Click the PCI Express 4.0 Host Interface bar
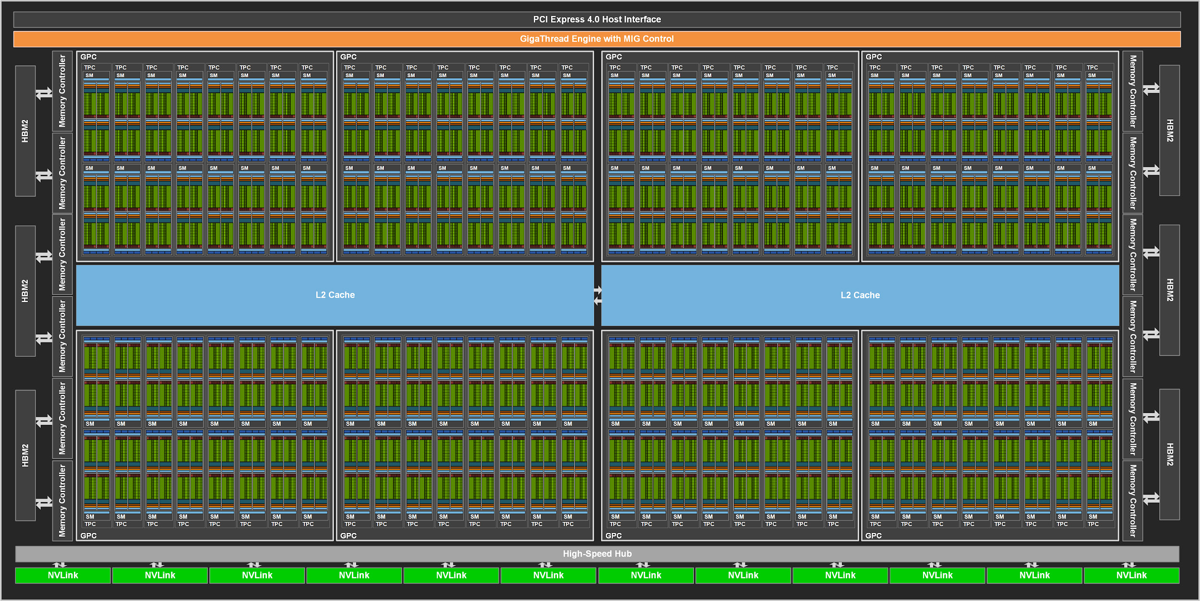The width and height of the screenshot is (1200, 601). [x=597, y=19]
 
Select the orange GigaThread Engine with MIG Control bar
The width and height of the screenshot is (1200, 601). [x=597, y=39]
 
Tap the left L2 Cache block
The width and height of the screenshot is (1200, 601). [x=335, y=295]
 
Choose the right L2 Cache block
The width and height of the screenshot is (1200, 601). [x=860, y=295]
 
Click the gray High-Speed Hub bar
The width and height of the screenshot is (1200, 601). [x=597, y=554]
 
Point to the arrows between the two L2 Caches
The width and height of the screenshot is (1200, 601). [x=598, y=295]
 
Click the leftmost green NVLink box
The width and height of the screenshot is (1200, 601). [x=63, y=575]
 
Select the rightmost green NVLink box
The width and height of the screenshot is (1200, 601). [x=1131, y=575]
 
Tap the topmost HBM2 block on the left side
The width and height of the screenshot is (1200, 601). [x=25, y=131]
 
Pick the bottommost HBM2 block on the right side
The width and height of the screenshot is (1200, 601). [x=1170, y=454]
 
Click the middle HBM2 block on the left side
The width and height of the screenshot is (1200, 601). [x=25, y=291]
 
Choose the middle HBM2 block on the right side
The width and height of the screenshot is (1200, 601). [x=1170, y=290]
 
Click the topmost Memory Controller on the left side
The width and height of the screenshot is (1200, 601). [x=62, y=91]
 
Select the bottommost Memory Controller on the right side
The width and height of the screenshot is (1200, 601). [x=1133, y=500]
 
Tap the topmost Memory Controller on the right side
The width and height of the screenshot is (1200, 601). [x=1133, y=91]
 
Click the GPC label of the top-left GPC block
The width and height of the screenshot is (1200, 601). [x=88, y=57]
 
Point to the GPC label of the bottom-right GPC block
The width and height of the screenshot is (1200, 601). [x=874, y=535]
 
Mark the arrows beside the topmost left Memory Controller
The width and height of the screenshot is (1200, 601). [x=44, y=93]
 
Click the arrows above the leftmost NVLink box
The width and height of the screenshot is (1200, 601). [x=60, y=565]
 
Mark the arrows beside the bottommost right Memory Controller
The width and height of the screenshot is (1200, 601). [x=1151, y=499]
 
